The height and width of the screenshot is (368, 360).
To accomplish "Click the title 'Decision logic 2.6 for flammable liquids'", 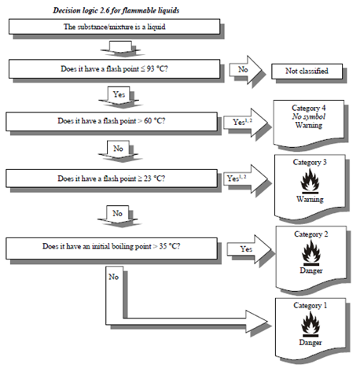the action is pos(116,10).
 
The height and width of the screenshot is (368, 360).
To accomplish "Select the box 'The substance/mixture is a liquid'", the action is pos(114,27).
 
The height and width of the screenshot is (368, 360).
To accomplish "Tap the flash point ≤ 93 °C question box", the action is pos(114,69).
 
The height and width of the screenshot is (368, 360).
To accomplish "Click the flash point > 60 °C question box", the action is pos(112,121).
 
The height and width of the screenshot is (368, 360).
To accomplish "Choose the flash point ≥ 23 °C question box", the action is pos(112,178).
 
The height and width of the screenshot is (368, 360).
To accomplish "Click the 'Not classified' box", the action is pos(307,71).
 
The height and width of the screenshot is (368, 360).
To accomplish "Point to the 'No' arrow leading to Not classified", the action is pos(245,70).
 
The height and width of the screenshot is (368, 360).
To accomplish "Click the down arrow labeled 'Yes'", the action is pos(119,96).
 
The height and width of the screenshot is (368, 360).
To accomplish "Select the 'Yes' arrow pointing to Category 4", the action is pos(245,122).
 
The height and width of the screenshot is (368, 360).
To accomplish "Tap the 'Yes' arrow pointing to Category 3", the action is pos(245,179).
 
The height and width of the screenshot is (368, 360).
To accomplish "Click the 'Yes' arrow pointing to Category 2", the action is pos(249,249).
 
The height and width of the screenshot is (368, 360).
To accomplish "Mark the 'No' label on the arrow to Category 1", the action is pos(113,277).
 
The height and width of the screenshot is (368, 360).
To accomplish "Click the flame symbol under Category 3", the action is pos(310,181).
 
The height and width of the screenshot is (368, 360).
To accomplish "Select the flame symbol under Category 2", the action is pos(311,252).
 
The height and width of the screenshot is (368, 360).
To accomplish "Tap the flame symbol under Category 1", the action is pos(310,324).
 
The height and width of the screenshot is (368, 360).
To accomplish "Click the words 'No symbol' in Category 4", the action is pos(309,116).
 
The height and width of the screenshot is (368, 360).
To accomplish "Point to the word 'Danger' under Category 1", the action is pos(310,342).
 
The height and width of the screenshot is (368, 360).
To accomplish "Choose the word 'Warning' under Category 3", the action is pos(310,199).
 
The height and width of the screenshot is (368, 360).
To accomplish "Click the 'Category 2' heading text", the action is pos(311,234).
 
